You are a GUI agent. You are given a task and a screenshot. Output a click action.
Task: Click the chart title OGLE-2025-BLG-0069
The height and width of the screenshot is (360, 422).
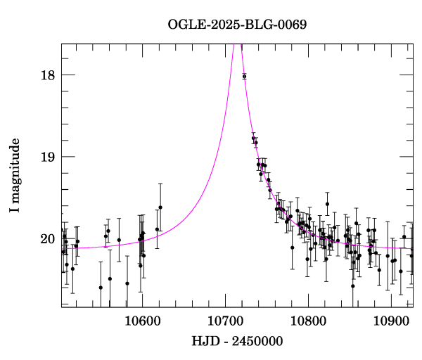[237, 25]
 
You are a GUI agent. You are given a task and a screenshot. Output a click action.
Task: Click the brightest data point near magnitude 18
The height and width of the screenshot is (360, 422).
[244, 76]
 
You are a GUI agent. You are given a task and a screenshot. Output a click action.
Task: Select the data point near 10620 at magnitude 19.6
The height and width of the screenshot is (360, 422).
[160, 207]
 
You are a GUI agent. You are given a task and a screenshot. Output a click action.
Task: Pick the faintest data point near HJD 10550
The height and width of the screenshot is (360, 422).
[101, 287]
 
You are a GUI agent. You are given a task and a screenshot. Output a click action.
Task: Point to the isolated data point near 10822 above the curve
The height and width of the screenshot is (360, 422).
[327, 204]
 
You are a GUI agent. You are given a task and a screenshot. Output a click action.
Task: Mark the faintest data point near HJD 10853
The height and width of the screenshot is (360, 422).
[353, 285]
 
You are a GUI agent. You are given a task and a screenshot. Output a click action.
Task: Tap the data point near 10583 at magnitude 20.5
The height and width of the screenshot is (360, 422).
[127, 283]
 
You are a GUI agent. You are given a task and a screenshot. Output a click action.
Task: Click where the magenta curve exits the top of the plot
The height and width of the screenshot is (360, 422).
[237, 44]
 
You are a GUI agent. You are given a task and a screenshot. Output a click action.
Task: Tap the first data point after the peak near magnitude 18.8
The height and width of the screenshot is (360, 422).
[253, 139]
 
